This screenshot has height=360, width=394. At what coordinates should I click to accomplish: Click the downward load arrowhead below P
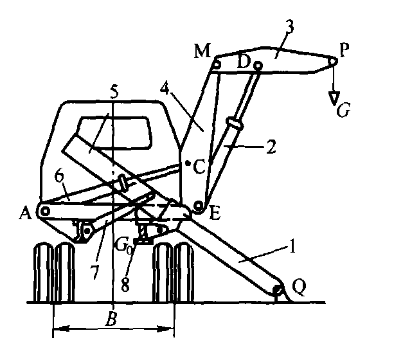[x=334, y=96]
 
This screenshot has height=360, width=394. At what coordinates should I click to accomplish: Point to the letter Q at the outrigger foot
[x=298, y=292]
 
